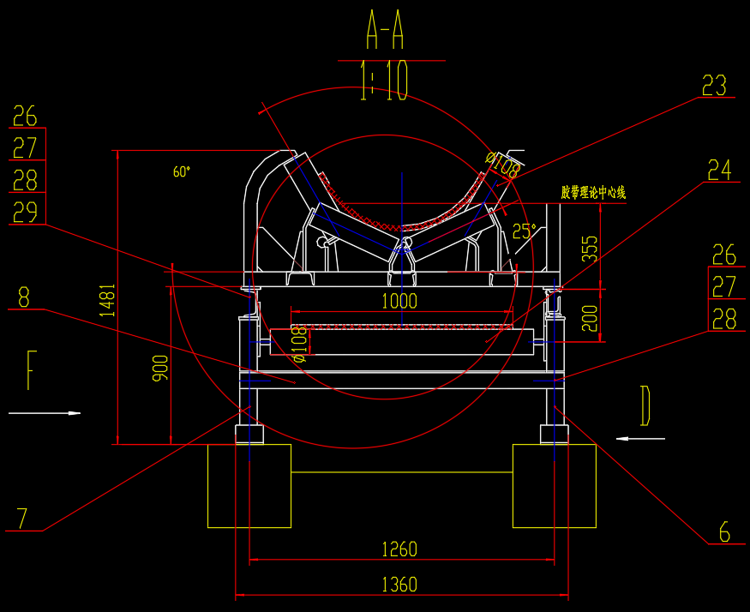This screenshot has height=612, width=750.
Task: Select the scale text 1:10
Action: pyautogui.click(x=385, y=82)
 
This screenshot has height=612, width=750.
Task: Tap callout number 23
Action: pyautogui.click(x=714, y=86)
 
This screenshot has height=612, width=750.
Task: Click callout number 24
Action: pyautogui.click(x=720, y=170)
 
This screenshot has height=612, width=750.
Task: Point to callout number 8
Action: pyautogui.click(x=23, y=297)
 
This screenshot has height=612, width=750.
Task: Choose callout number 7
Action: pyautogui.click(x=23, y=519)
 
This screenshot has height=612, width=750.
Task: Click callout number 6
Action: pyautogui.click(x=724, y=533)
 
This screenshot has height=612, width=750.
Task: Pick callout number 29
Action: pyautogui.click(x=25, y=212)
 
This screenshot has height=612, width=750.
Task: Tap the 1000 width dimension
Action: pyautogui.click(x=399, y=301)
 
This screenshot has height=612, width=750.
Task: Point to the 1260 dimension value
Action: pyautogui.click(x=399, y=549)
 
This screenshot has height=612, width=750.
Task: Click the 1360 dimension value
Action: pyautogui.click(x=399, y=585)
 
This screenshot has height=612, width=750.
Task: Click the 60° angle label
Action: pyautogui.click(x=182, y=172)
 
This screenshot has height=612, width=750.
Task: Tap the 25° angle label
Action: pyautogui.click(x=523, y=231)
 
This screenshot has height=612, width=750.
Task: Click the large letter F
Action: pyautogui.click(x=31, y=370)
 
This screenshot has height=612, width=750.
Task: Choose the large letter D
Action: pyautogui.click(x=646, y=406)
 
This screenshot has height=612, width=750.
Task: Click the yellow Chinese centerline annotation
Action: pyautogui.click(x=593, y=193)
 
